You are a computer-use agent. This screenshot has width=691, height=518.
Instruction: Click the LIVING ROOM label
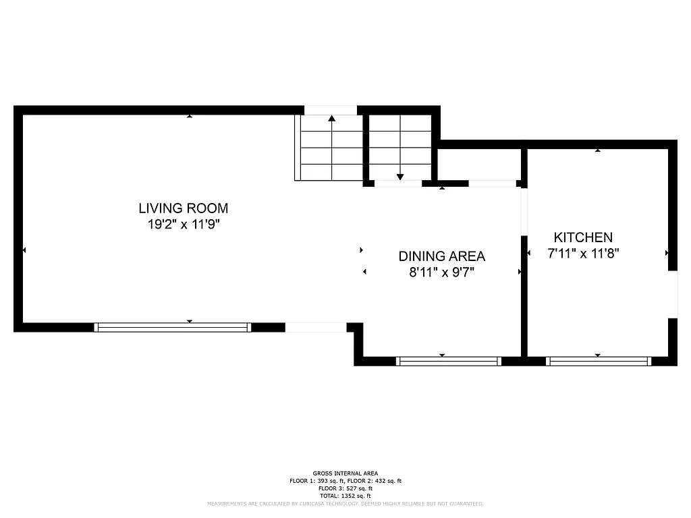[x=184, y=208]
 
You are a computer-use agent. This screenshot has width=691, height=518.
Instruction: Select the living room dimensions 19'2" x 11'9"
[x=184, y=225]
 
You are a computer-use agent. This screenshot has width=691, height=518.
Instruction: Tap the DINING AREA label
[x=441, y=256]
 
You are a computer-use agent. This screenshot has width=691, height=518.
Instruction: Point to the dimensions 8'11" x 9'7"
[x=441, y=272]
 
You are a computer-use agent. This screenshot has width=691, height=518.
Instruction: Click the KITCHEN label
[x=583, y=237]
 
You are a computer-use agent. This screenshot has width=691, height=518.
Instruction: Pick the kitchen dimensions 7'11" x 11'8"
[x=583, y=254]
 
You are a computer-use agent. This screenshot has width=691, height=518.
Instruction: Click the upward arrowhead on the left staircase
[x=331, y=119]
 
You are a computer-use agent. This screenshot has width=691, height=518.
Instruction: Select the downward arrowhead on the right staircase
[x=399, y=177]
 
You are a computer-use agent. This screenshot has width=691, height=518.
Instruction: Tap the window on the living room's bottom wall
[x=173, y=327]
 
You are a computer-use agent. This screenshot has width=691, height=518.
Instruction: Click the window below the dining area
[x=449, y=361]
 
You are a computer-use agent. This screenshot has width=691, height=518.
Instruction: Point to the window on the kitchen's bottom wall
[x=599, y=361]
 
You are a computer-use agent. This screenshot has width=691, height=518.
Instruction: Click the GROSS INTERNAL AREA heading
[x=345, y=473]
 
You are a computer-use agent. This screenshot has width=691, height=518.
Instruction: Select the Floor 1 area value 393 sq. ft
[x=327, y=481]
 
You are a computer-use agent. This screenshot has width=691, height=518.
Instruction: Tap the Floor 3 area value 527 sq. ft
[x=355, y=488]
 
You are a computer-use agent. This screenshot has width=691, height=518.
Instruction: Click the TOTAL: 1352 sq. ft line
[x=345, y=496]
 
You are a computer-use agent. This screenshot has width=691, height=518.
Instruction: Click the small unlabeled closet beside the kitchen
[x=478, y=164]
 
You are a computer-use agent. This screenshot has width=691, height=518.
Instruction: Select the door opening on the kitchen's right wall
[x=672, y=294]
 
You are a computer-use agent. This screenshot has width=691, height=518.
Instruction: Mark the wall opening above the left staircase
[x=330, y=110]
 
